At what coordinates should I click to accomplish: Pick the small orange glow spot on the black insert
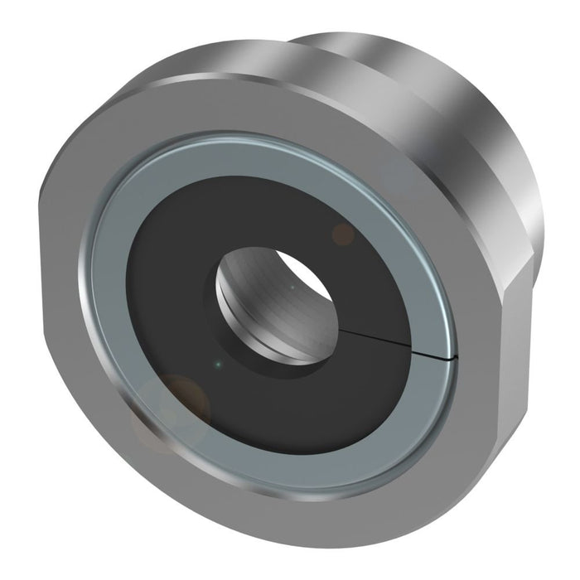click(x=342, y=234)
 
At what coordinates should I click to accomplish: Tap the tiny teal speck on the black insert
click(x=217, y=363)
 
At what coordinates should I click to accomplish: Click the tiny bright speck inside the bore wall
click(x=292, y=288)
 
